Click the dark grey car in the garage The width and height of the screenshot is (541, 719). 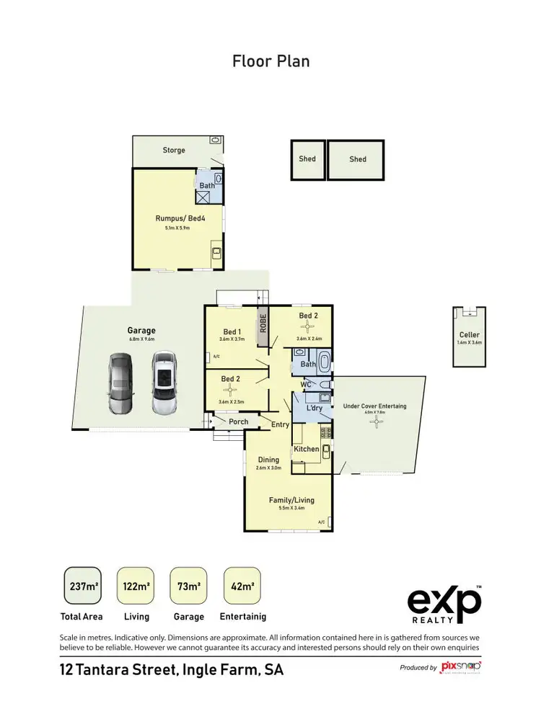tap(120, 383)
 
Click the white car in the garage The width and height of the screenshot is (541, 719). tap(165, 383)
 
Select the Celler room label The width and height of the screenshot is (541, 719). tap(469, 335)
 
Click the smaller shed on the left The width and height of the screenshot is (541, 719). tap(307, 159)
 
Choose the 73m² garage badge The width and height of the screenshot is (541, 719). tap(189, 586)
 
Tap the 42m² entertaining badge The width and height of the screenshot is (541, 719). tap(242, 586)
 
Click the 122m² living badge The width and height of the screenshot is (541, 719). tap(136, 586)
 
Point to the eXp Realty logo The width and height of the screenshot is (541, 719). tap(444, 604)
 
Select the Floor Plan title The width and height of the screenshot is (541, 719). tap(270, 61)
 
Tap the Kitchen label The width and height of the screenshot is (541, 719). tap(307, 450)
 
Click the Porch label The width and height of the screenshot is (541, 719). tap(238, 422)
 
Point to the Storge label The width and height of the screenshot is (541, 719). tap(174, 151)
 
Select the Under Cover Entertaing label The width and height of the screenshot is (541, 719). tap(374, 406)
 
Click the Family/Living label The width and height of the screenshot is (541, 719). tap(291, 500)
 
